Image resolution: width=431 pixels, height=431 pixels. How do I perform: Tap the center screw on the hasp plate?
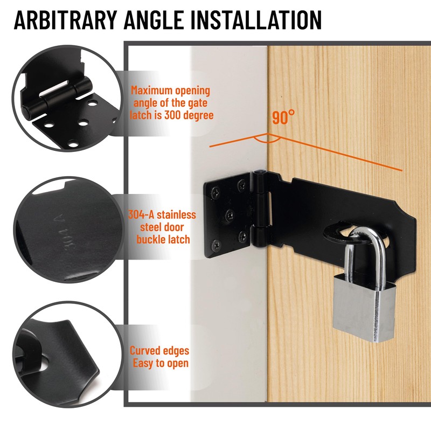pyautogui.click(x=228, y=211)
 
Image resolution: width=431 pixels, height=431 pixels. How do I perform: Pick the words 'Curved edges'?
pyautogui.click(x=159, y=351)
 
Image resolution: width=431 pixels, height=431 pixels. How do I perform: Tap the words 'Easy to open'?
pyautogui.click(x=161, y=363)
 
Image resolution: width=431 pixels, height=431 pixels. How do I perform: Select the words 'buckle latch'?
pyautogui.click(x=163, y=239)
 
